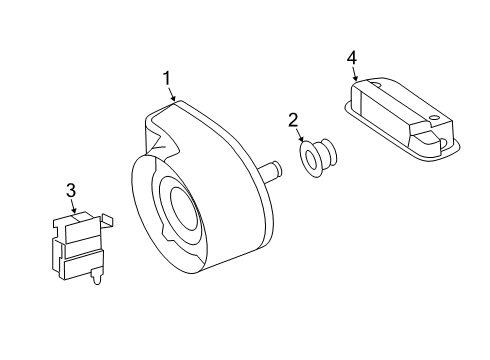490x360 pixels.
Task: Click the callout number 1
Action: click(x=166, y=79)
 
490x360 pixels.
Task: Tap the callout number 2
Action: click(x=293, y=120)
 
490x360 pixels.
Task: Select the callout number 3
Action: click(x=71, y=191)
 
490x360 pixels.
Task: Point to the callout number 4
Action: click(x=352, y=58)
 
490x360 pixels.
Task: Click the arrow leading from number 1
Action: click(x=172, y=94)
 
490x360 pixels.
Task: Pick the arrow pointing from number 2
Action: click(x=301, y=136)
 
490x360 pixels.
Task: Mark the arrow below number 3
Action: click(x=74, y=206)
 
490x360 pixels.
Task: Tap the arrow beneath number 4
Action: click(x=355, y=73)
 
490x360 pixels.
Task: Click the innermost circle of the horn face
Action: click(x=184, y=209)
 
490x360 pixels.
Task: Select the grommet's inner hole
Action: click(x=311, y=158)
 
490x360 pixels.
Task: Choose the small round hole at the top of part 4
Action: click(x=376, y=84)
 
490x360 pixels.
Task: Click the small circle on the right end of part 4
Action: click(x=434, y=117)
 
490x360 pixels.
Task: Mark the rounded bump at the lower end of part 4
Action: click(x=444, y=144)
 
